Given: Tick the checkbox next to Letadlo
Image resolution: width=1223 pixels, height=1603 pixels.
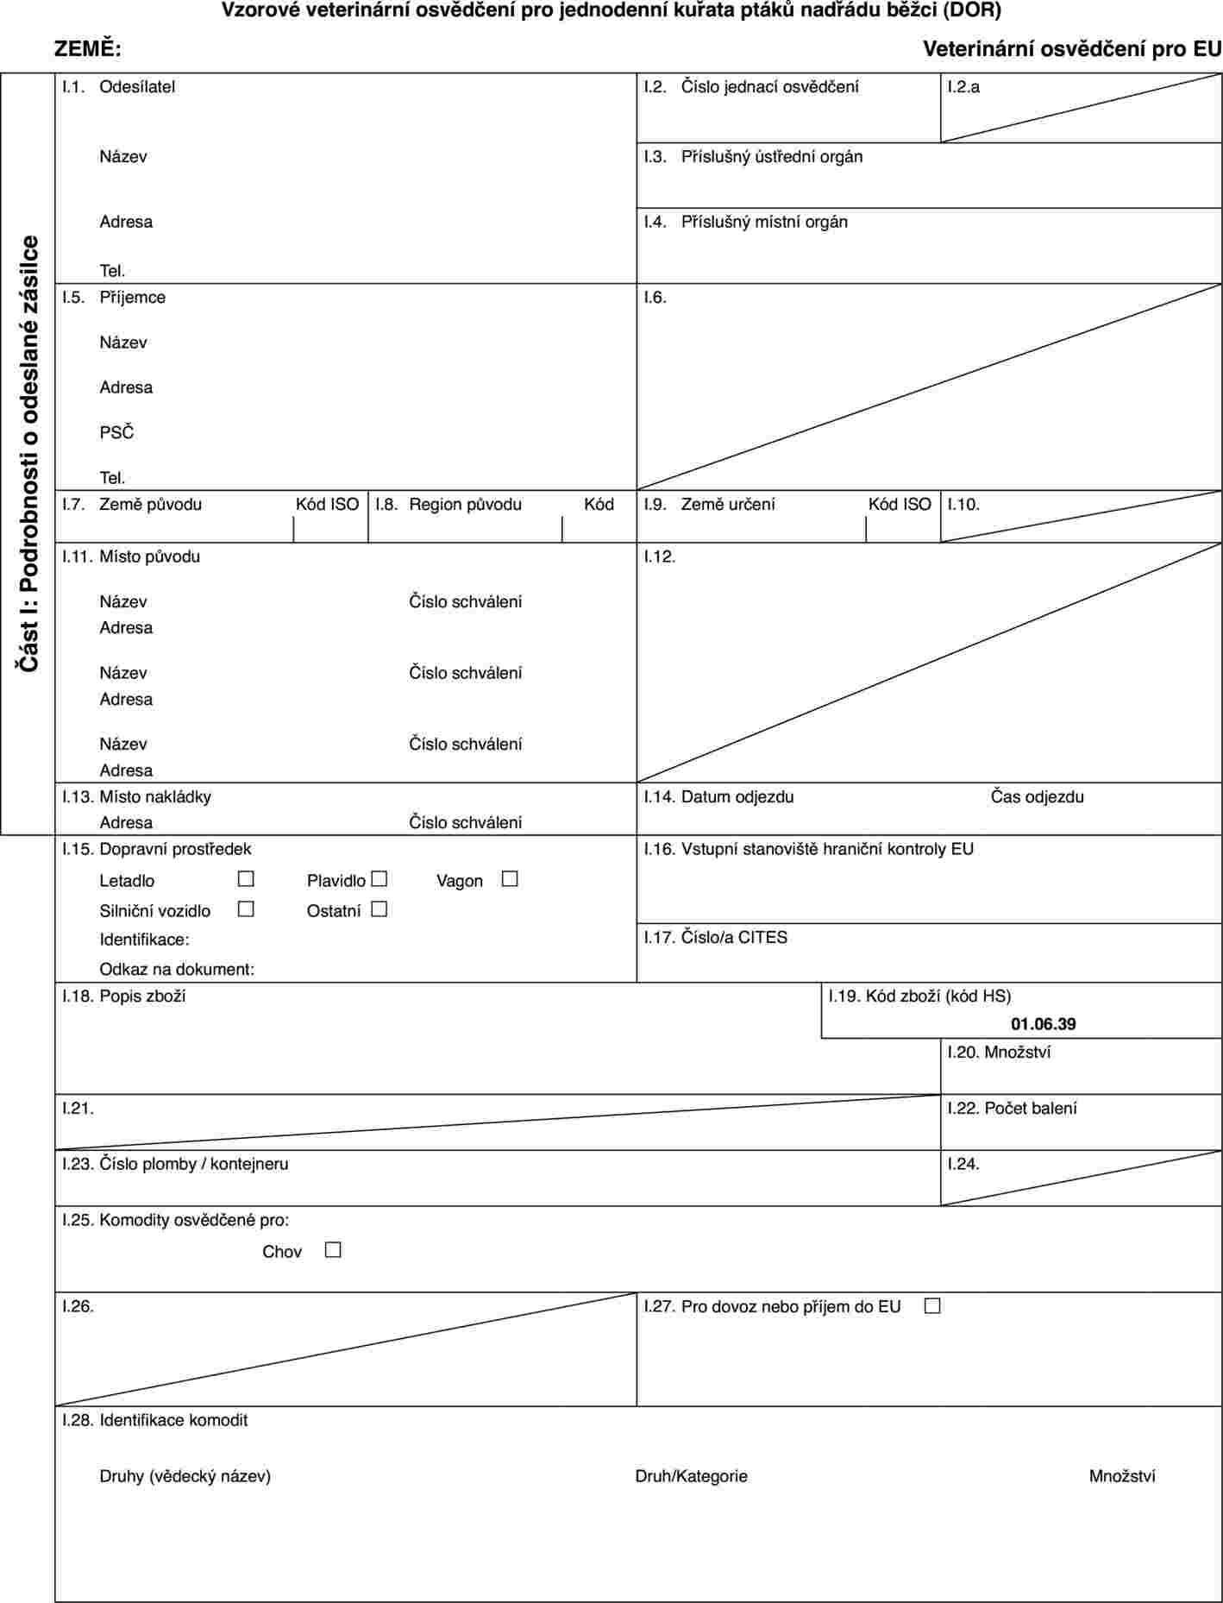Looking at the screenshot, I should [246, 879].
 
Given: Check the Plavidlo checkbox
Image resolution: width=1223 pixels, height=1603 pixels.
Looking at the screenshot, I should [379, 879].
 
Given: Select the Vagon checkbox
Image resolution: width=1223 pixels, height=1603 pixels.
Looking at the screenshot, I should [510, 879].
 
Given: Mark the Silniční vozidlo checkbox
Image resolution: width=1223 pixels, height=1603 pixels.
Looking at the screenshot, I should [246, 908].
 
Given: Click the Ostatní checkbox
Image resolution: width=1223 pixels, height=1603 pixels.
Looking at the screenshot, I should [379, 908].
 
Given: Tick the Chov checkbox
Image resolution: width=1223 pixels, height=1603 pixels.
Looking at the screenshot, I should [333, 1249].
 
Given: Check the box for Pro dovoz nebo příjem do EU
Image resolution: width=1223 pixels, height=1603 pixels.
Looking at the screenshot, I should [931, 1305].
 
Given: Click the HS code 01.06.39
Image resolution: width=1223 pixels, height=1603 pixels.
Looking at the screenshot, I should [1043, 1024].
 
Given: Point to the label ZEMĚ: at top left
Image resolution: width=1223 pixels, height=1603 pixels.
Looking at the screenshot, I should [88, 49].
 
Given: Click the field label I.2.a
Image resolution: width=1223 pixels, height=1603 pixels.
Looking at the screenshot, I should [963, 86].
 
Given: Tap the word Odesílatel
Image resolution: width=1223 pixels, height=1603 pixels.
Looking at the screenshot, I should [137, 86].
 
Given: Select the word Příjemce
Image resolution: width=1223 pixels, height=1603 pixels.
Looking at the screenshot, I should [133, 297].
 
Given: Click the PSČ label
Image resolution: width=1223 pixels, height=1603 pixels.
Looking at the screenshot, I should [117, 432].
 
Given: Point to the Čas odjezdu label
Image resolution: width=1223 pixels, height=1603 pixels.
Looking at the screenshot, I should [1037, 796].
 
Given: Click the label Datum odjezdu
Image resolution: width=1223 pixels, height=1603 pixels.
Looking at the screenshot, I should [737, 796].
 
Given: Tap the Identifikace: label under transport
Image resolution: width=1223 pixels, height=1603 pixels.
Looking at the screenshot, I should [145, 939].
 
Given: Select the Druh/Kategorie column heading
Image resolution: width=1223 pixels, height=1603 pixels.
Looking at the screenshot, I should [691, 1475].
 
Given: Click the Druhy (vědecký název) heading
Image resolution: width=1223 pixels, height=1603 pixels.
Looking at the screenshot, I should [185, 1475].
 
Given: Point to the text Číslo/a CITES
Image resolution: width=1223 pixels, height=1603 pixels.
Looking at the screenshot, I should [734, 937].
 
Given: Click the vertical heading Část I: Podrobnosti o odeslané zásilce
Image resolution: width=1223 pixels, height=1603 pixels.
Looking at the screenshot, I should [29, 454].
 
